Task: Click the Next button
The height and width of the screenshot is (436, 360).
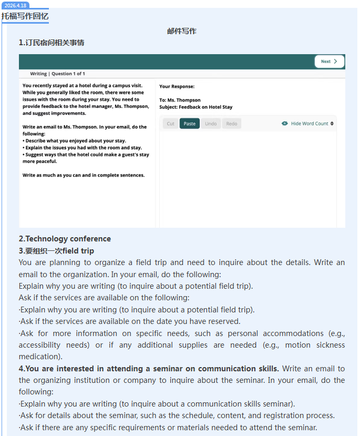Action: point(329,62)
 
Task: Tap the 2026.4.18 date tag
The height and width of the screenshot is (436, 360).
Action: point(15,5)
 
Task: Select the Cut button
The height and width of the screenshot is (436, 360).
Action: point(170,124)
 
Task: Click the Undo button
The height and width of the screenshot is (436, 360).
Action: point(211,124)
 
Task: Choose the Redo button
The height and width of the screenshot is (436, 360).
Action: point(232,124)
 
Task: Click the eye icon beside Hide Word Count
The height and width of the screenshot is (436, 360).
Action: point(285,124)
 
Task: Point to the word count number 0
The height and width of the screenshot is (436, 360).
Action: point(332,124)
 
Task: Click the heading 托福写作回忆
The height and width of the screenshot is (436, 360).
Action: point(25,16)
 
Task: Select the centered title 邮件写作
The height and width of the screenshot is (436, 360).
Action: point(182,31)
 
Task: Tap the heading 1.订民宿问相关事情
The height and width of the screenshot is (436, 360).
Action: point(52,43)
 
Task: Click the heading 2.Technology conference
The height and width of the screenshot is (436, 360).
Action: point(65,239)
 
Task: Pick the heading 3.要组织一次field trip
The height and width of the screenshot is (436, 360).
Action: point(56,251)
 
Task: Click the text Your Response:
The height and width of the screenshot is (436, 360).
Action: point(177,86)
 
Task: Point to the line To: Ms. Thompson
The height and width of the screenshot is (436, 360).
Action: point(180,100)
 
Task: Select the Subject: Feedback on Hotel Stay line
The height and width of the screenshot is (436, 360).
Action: point(196,107)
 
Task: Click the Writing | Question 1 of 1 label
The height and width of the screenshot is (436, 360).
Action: point(57,74)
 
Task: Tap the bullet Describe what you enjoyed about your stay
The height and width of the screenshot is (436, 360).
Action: point(75,141)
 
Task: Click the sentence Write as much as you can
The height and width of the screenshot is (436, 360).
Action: point(84,175)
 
